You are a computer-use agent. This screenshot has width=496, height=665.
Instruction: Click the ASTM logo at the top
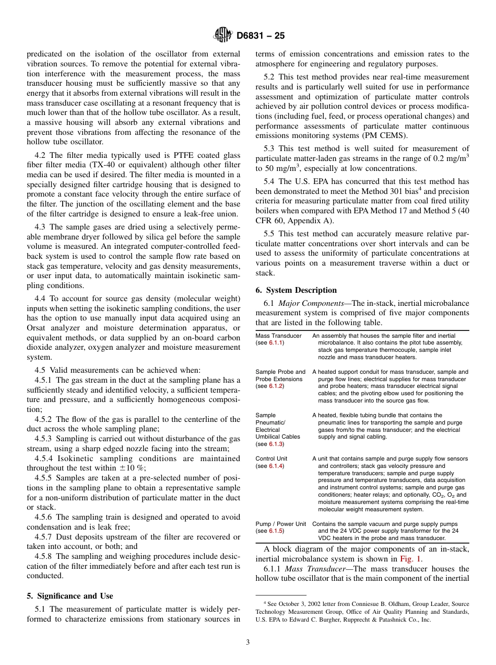[x=222, y=36]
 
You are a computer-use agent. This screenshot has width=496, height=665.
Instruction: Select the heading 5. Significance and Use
[x=70, y=596]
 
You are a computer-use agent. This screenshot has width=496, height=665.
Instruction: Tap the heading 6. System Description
[x=296, y=290]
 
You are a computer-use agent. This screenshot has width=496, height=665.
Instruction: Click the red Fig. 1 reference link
[x=411, y=559]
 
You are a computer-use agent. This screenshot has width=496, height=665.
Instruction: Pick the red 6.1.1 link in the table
[x=276, y=342]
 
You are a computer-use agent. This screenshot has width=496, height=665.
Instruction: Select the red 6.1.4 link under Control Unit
[x=276, y=466]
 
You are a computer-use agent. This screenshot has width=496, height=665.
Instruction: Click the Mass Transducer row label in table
[x=278, y=336]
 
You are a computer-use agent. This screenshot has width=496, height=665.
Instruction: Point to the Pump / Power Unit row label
[x=280, y=524]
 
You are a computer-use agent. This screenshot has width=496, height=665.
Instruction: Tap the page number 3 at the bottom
[x=248, y=642]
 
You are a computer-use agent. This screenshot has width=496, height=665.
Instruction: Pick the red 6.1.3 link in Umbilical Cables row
[x=276, y=444]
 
